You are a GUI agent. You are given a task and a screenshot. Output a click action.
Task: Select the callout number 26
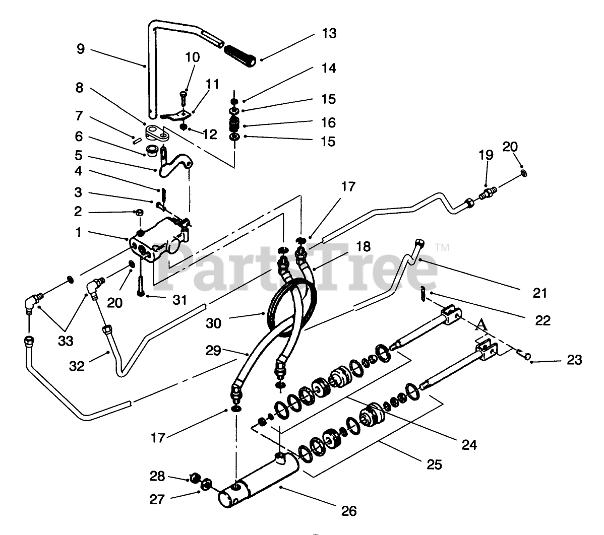click(348, 511)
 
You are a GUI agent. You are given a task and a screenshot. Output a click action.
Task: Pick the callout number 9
click(81, 49)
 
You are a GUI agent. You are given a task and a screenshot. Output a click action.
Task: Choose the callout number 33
click(66, 341)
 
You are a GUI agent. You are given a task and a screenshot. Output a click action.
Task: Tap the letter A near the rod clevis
click(483, 326)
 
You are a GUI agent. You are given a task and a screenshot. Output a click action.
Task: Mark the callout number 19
click(486, 155)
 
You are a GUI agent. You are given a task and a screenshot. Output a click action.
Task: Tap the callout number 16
click(328, 122)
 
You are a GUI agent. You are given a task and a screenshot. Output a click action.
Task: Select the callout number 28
click(157, 475)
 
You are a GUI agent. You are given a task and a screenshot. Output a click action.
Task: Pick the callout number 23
click(574, 360)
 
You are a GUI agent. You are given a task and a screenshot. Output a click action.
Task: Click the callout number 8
click(80, 88)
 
